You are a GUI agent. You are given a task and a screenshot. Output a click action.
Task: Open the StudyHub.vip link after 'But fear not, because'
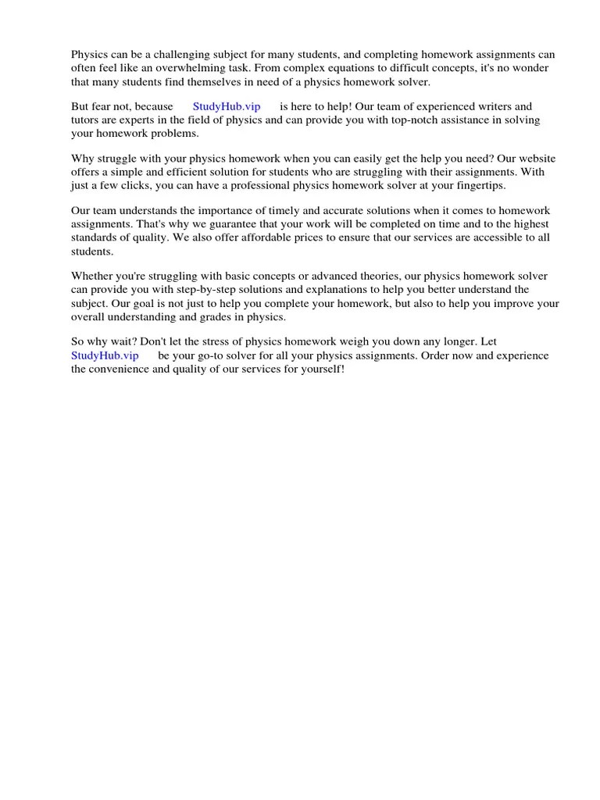(x=227, y=107)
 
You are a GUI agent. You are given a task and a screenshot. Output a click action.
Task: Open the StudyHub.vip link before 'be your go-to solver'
(x=105, y=355)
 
